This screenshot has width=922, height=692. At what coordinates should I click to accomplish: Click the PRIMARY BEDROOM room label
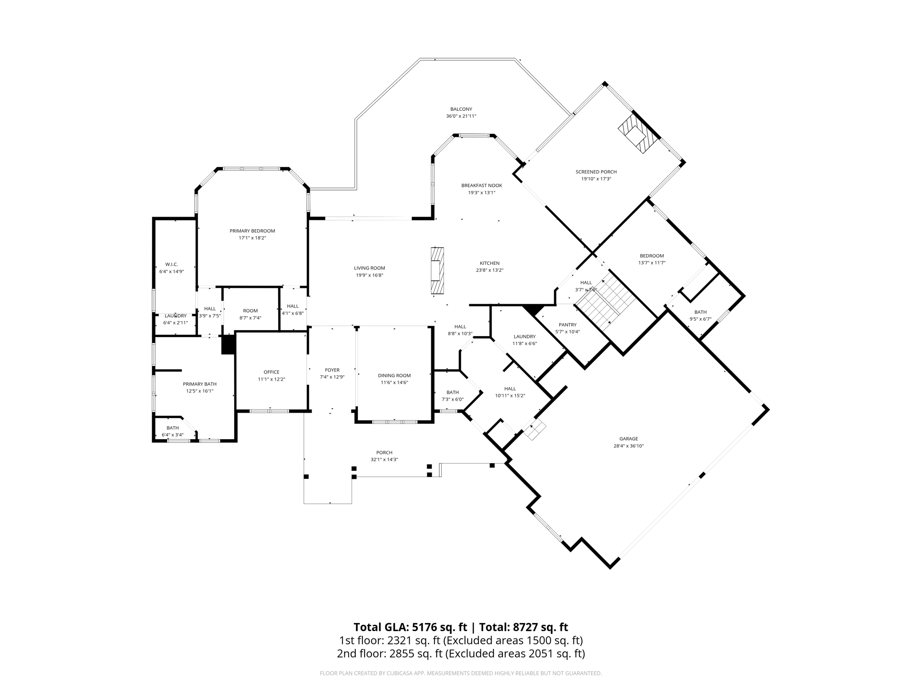(x=252, y=231)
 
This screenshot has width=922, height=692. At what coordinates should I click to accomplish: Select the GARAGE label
(x=628, y=438)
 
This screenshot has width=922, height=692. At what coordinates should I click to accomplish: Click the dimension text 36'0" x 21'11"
(x=461, y=116)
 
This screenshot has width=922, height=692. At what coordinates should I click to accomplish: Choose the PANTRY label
(x=567, y=324)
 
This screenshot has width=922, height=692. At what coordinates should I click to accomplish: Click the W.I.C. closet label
(x=172, y=264)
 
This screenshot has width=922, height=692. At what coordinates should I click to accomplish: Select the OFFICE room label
(x=271, y=372)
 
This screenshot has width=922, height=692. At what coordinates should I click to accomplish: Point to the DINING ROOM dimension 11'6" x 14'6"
(x=394, y=382)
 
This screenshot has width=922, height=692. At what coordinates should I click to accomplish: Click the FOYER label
(x=332, y=370)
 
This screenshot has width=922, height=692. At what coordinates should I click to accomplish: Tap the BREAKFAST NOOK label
(x=481, y=185)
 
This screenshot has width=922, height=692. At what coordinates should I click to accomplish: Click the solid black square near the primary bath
(x=228, y=345)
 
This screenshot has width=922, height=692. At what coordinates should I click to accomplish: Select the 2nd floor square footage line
(x=461, y=654)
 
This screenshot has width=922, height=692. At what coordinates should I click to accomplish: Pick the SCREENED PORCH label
(x=596, y=172)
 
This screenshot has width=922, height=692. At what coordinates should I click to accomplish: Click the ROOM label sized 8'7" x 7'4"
(x=250, y=310)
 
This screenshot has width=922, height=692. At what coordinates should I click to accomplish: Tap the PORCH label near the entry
(x=384, y=452)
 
